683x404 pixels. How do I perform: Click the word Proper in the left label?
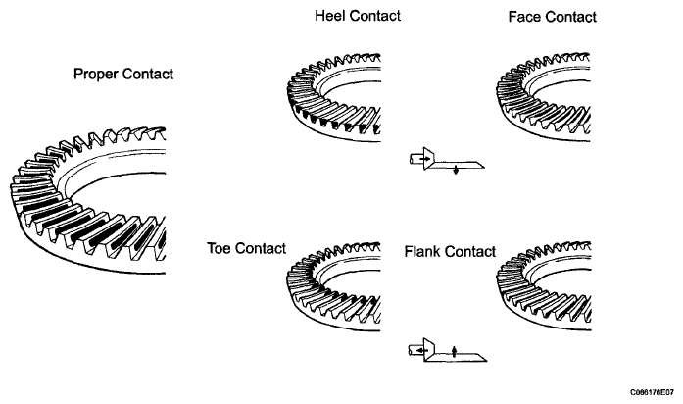coord(96,75)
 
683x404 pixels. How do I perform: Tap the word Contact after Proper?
coord(148,75)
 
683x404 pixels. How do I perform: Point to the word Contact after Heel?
coord(375,16)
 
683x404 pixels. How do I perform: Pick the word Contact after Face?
coord(571,17)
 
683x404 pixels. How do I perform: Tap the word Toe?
coord(220,248)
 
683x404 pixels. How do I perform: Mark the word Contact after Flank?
coord(470,252)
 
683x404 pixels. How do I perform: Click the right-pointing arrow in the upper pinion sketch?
coord(426,159)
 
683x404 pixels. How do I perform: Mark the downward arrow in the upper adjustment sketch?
coord(456,170)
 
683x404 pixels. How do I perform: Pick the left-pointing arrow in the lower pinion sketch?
coord(420,350)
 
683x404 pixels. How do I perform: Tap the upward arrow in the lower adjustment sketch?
coord(455,351)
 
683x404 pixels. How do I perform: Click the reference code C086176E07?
coord(652,392)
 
